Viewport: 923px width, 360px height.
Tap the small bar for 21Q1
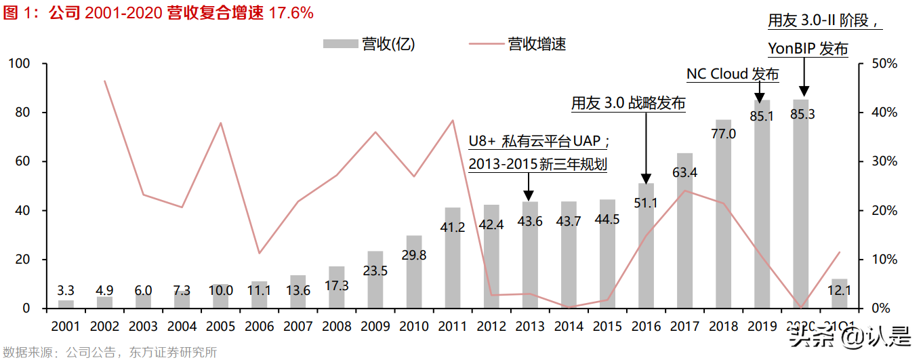click(x=839, y=294)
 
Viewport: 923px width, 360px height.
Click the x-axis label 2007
click(x=298, y=327)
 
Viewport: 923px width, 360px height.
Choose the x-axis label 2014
click(x=569, y=327)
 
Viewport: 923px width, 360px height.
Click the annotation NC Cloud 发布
click(x=733, y=74)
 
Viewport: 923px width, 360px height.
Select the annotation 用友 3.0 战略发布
click(x=628, y=103)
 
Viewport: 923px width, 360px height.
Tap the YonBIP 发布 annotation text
click(x=808, y=49)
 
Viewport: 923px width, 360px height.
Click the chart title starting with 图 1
click(x=159, y=13)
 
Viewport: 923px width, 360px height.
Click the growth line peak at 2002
click(x=104, y=81)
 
